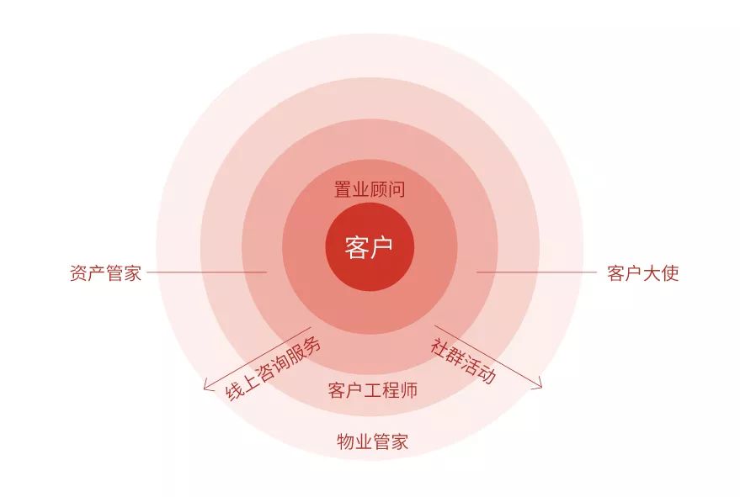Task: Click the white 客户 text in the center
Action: pyautogui.click(x=369, y=247)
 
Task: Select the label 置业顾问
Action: pyautogui.click(x=370, y=189)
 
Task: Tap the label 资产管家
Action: pyautogui.click(x=106, y=273)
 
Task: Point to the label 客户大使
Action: pyautogui.click(x=643, y=273)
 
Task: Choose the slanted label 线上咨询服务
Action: pyautogui.click(x=273, y=368)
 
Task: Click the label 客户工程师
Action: pyautogui.click(x=373, y=390)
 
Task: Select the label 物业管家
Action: pyautogui.click(x=373, y=441)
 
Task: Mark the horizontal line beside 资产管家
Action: pyautogui.click(x=207, y=272)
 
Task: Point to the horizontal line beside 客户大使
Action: pyautogui.click(x=537, y=272)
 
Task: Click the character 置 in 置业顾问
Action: pyautogui.click(x=343, y=189)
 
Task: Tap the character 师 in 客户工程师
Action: pyautogui.click(x=409, y=390)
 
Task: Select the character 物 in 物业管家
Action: pyautogui.click(x=346, y=441)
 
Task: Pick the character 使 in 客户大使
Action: pyautogui.click(x=670, y=273)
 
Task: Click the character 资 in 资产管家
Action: pyautogui.click(x=79, y=273)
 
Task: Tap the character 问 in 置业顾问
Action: pyautogui.click(x=397, y=189)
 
